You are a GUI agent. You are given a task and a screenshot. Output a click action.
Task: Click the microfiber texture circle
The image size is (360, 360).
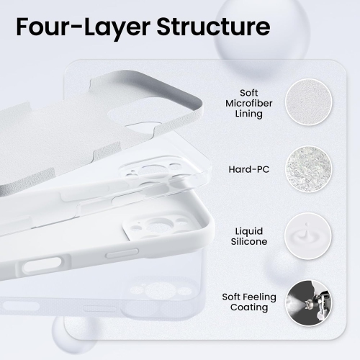307,103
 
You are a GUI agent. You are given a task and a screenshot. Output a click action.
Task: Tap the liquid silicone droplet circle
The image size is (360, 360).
307,235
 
